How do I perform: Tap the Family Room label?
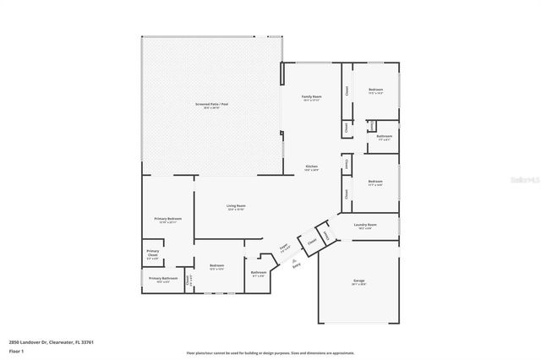[311, 98]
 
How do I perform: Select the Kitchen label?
[311, 167]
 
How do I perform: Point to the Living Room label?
[235, 207]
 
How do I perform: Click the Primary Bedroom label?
[167, 220]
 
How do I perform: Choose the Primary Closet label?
[152, 253]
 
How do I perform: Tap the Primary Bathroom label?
[163, 280]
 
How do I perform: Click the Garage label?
[358, 281]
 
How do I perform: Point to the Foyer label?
[285, 248]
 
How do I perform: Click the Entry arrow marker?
[295, 265]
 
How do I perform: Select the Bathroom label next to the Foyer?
[259, 273]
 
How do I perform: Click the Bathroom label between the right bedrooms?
[384, 137]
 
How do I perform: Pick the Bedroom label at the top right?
[375, 90]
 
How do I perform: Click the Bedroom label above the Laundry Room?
[375, 183]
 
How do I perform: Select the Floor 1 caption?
[15, 350]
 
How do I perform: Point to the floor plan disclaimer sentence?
[270, 352]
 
